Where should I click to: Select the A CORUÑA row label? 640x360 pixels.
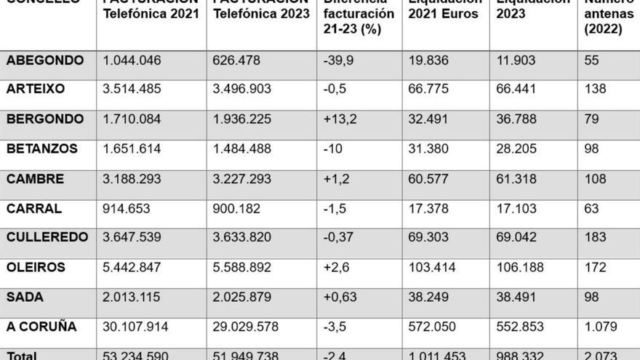coord(41,327)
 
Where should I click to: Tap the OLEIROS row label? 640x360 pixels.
coord(36,267)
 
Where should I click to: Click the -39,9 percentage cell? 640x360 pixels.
coord(338,60)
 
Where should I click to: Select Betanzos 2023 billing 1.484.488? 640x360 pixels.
coord(241,148)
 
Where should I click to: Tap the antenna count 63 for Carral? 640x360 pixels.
coord(591,208)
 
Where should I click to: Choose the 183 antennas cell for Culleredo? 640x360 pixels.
coord(595,237)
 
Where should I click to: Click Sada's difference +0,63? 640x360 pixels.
coord(340,297)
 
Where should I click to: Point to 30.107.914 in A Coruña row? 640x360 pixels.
coord(135,327)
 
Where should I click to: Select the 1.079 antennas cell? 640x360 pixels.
coord(600,327)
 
